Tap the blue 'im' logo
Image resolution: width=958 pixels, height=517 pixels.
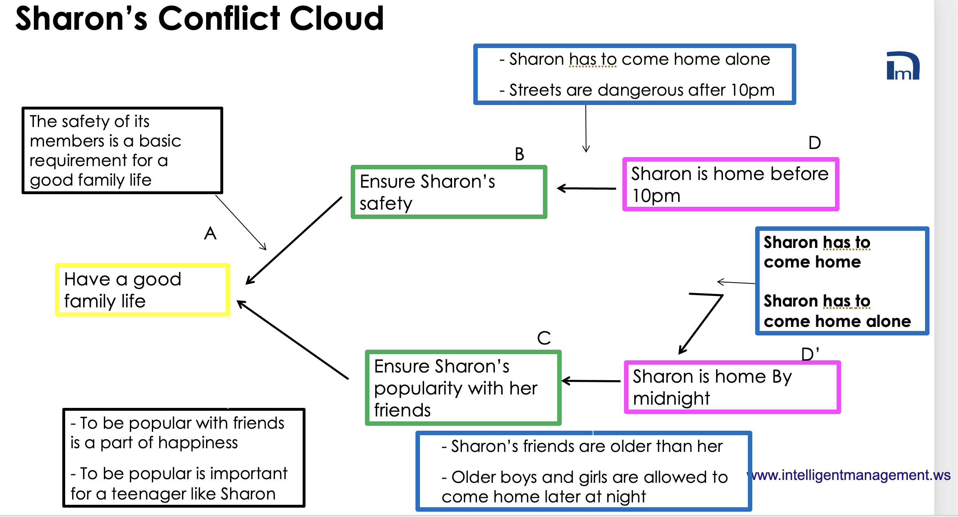[903, 66]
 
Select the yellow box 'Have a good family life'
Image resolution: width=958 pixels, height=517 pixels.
[143, 290]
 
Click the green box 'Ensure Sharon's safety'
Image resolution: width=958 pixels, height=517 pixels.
[448, 192]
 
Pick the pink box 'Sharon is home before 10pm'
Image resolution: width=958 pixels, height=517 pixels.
[730, 184]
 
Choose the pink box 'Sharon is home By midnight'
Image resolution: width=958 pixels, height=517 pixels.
[732, 387]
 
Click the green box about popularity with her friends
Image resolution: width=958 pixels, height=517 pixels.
[463, 388]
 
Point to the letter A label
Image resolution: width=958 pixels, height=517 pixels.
[210, 234]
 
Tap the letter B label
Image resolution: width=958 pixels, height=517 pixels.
[519, 154]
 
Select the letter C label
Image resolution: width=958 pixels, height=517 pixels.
[544, 338]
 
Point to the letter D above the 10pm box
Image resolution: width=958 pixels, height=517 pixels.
[815, 143]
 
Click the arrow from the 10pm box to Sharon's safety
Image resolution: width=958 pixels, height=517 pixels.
[587, 188]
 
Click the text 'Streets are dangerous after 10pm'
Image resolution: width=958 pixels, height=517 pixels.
[642, 90]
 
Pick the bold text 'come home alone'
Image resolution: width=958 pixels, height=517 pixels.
[837, 322]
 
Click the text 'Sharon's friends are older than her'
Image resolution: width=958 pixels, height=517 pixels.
[587, 447]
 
